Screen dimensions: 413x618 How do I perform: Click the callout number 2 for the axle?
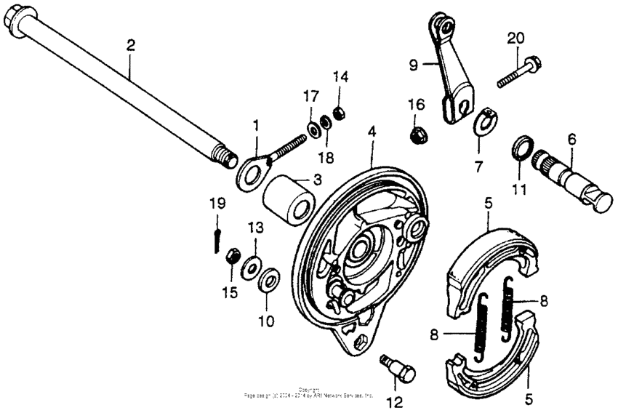click(x=130, y=45)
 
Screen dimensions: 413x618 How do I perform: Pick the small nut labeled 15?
click(x=233, y=257)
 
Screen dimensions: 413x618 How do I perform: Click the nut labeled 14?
click(x=338, y=111)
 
